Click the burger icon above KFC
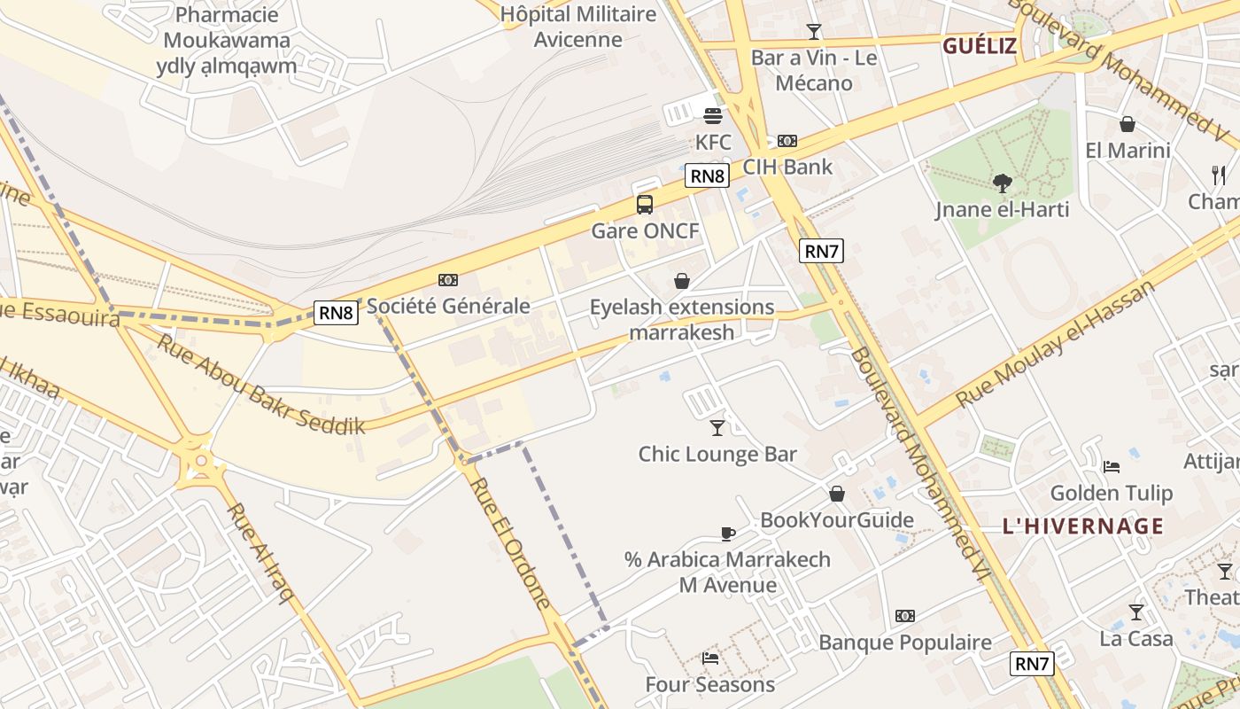tap(713, 115)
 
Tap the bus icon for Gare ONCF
tap(645, 205)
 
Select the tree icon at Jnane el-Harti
tap(1003, 183)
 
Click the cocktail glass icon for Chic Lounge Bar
tap(717, 428)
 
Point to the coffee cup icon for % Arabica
tap(727, 534)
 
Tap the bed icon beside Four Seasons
tap(710, 658)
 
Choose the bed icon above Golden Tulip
tap(1112, 466)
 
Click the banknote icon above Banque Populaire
tap(904, 616)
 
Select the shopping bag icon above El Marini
tap(1128, 124)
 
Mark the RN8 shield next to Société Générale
tap(337, 312)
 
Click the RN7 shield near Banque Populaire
tap(1033, 663)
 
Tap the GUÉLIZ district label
tap(980, 46)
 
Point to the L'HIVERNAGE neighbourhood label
tap(1083, 526)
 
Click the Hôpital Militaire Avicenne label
tap(578, 27)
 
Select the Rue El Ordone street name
tap(510, 542)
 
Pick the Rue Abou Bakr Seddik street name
tap(261, 384)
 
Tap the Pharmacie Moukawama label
tap(227, 40)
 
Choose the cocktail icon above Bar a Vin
tap(813, 32)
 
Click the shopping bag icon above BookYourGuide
tap(837, 494)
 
